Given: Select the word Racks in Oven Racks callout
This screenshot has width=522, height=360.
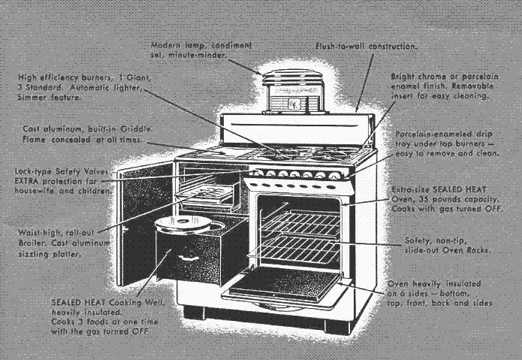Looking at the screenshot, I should coord(476,250).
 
